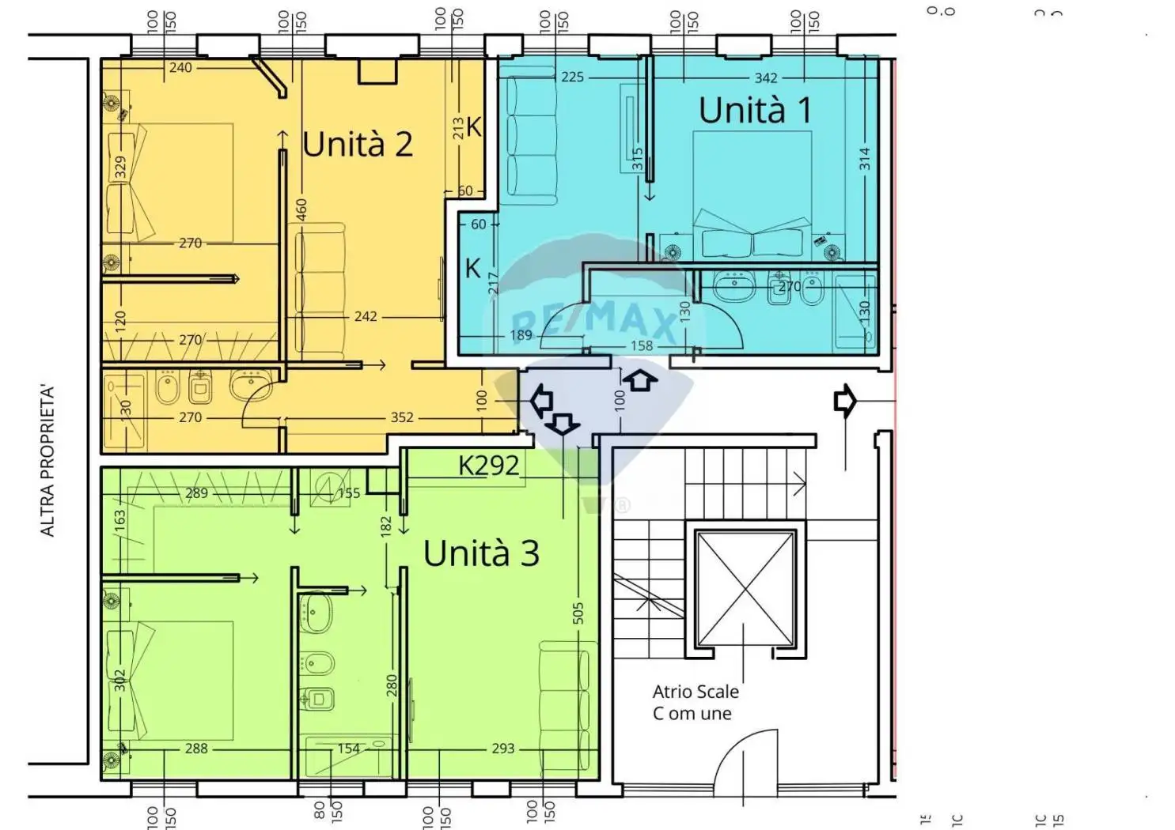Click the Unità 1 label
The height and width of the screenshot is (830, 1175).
coord(755,110)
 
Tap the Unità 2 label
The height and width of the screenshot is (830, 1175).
coord(358,145)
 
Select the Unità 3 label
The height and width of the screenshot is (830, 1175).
coord(481,553)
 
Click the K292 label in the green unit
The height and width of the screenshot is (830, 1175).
coord(488,466)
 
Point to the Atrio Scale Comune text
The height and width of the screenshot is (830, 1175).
coord(695,702)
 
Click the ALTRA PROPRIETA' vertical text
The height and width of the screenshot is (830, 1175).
coord(48,462)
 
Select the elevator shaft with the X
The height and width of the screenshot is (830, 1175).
coord(744,587)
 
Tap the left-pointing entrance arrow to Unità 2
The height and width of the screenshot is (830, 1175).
coord(541,401)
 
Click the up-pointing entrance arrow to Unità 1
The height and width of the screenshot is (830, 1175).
coord(640,381)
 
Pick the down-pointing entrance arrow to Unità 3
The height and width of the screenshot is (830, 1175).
coord(563,424)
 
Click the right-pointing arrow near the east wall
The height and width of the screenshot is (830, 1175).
coord(844,401)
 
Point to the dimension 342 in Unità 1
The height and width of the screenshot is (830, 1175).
coord(765,77)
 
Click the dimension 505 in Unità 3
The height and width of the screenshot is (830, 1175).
coord(578,613)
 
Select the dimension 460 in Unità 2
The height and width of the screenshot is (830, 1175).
coord(301,209)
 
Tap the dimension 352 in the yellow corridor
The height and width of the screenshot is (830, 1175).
coord(401,417)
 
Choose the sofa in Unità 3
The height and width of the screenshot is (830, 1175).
coord(567,696)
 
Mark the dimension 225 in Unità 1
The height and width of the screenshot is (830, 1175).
coord(572,77)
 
